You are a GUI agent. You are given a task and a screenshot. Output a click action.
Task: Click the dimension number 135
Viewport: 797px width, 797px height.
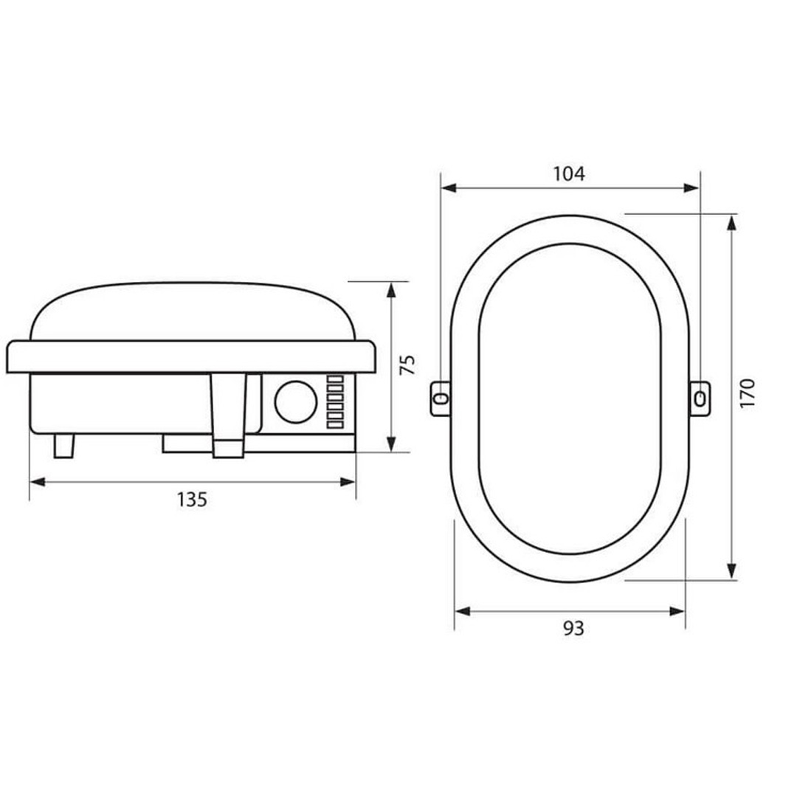[192, 500]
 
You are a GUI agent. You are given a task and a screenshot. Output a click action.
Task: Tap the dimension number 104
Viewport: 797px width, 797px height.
[569, 174]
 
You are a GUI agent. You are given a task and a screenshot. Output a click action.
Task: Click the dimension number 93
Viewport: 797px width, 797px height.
[573, 628]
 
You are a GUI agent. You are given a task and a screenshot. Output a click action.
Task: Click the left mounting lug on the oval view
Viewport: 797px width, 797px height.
[441, 398]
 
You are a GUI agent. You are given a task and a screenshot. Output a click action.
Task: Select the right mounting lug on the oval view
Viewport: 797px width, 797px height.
[699, 398]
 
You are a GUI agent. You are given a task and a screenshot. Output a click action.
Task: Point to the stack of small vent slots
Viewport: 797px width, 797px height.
[336, 402]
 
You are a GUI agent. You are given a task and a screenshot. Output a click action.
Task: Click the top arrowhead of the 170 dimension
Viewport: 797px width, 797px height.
[731, 222]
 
